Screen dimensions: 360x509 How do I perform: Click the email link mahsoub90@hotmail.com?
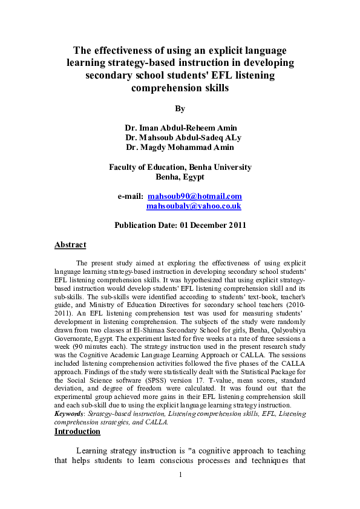click(195, 196)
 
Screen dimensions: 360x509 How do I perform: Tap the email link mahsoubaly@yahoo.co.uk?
click(194, 206)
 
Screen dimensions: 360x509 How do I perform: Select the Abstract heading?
click(70, 245)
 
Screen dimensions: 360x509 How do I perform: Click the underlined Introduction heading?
click(77, 432)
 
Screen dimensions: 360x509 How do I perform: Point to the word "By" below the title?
click(180, 109)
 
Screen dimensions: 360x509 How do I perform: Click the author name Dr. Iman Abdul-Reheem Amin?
click(181, 128)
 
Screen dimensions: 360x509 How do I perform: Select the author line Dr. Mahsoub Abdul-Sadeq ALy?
click(183, 137)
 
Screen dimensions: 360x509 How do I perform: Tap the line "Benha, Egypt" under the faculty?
click(180, 177)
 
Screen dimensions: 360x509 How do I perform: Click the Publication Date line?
click(180, 225)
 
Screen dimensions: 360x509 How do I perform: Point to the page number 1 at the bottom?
click(180, 491)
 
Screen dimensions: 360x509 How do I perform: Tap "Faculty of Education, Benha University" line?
click(180, 167)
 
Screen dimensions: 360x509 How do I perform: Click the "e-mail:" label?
click(129, 196)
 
